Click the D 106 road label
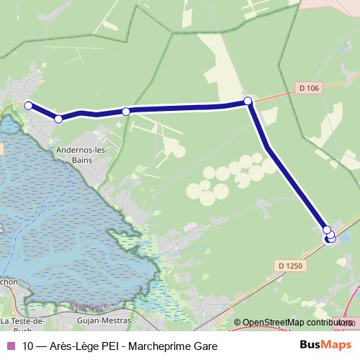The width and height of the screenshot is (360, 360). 307,88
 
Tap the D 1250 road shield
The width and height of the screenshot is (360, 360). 289,266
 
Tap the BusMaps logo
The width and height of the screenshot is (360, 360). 326,345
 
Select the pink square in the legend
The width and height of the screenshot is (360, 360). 9,346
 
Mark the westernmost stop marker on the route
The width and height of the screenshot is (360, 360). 29,106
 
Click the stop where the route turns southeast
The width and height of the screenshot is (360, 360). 248,101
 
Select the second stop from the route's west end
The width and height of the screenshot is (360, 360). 58,119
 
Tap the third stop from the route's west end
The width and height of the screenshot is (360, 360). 126,111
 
